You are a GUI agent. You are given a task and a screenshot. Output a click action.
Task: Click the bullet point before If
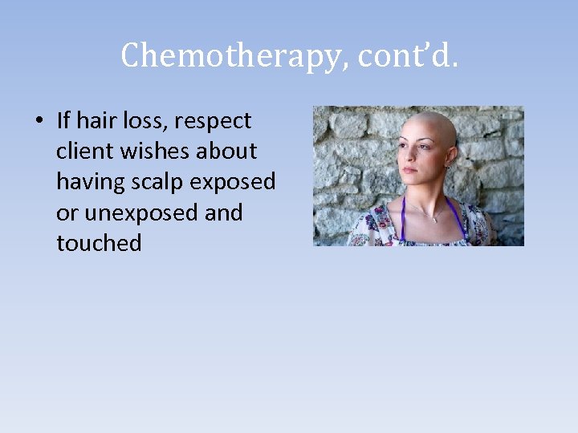(x=39, y=122)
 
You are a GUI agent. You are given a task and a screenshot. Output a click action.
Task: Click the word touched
(x=99, y=243)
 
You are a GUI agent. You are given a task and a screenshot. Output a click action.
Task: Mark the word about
(x=227, y=152)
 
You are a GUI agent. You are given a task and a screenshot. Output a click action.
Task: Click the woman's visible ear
(x=450, y=157)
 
